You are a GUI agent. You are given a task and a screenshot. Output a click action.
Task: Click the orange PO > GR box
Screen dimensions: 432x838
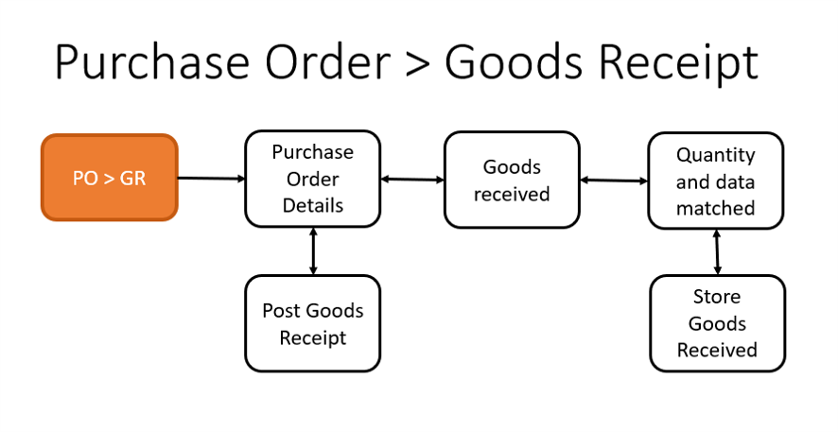[110, 178]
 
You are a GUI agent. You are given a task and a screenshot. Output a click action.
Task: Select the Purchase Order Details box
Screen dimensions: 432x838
[312, 179]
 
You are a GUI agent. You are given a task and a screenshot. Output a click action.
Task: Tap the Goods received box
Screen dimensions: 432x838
[512, 180]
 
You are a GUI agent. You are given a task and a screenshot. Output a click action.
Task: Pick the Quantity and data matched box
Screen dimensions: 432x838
[715, 181]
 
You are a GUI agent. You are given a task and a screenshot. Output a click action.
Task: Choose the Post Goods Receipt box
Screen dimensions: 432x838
[312, 323]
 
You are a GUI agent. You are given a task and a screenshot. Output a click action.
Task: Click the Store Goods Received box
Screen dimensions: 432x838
[716, 323]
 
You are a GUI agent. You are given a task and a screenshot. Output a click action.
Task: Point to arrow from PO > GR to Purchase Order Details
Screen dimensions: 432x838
[211, 178]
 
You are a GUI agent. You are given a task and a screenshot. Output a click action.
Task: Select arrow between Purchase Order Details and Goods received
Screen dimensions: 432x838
[411, 179]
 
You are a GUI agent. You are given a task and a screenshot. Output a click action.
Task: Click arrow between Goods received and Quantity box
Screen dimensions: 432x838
[613, 180]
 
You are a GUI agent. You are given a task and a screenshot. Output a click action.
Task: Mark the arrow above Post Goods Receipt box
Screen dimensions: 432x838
[312, 251]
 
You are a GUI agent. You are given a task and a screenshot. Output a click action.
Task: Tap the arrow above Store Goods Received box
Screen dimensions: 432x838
[717, 251]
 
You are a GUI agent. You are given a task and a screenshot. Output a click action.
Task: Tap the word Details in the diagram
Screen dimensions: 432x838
[312, 205]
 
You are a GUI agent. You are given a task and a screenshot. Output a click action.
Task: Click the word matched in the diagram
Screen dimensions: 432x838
[715, 207]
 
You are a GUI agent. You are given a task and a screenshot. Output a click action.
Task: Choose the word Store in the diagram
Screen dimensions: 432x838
[716, 297]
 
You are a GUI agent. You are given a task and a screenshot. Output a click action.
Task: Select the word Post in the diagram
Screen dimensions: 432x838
[281, 310]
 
